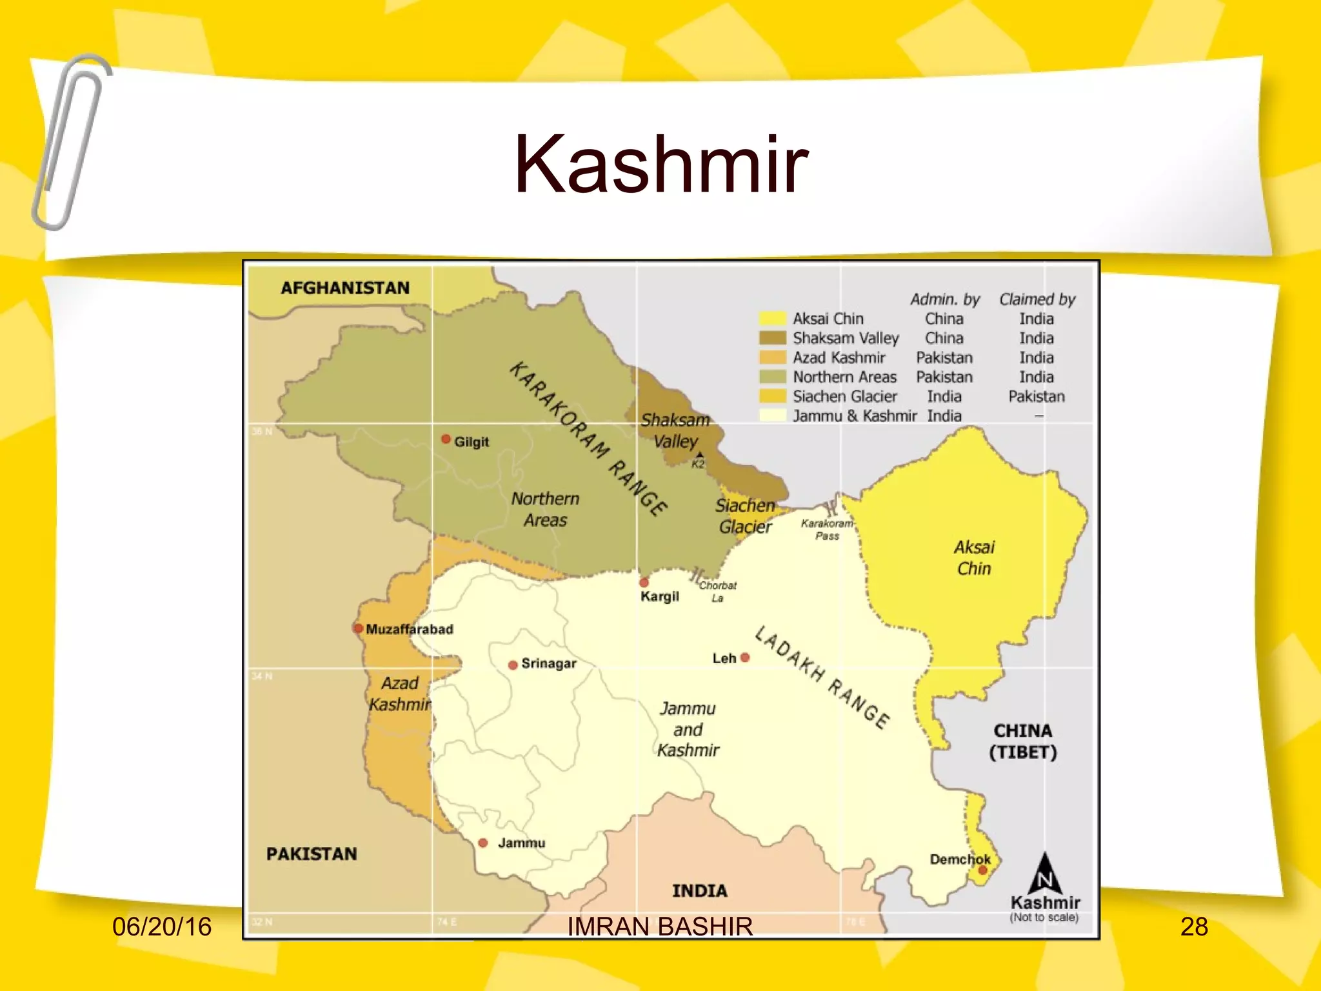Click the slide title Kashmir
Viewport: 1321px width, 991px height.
tap(660, 164)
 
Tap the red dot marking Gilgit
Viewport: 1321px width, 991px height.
tap(446, 439)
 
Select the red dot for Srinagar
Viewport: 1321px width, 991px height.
tap(513, 665)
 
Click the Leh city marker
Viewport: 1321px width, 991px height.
tap(745, 657)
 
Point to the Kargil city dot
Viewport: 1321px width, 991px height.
tap(644, 583)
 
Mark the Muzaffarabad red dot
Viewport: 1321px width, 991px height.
tap(358, 628)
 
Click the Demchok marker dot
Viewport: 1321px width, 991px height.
tap(982, 870)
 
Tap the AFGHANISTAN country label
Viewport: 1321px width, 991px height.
tap(345, 288)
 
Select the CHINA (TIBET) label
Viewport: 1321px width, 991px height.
tap(1023, 741)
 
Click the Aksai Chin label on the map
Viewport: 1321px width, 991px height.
tap(974, 558)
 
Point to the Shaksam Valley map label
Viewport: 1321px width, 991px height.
tap(675, 431)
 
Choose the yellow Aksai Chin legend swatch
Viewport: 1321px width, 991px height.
tap(772, 319)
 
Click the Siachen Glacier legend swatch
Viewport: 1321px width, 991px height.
tap(772, 397)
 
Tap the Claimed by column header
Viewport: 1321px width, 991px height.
tap(1037, 299)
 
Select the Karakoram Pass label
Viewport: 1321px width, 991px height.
tap(827, 530)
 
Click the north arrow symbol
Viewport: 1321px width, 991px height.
tap(1045, 874)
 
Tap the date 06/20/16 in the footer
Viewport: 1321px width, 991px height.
tap(162, 927)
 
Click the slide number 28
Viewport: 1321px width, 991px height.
tap(1194, 927)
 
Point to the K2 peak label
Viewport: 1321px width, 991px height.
tap(698, 464)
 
